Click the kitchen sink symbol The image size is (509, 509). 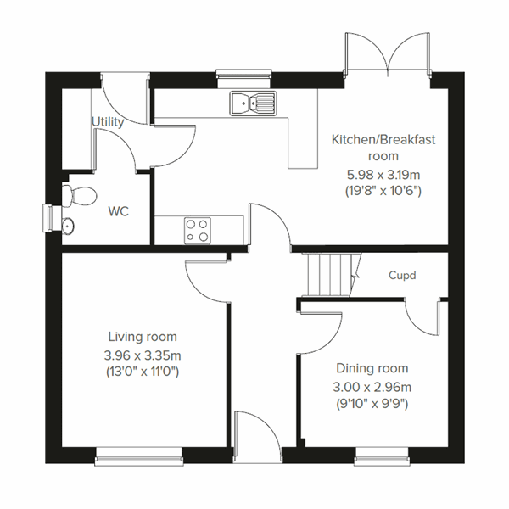click(x=252, y=103)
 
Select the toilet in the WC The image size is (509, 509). click(x=79, y=194)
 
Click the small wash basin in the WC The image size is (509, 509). click(x=68, y=226)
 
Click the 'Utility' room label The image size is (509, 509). click(x=108, y=122)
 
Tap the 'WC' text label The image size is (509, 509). click(x=117, y=211)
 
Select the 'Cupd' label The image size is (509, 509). click(x=403, y=275)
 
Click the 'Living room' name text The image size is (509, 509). click(x=142, y=337)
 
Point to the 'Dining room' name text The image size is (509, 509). click(x=372, y=368)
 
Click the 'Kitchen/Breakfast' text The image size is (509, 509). click(x=372, y=139)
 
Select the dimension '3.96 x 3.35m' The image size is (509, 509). click(x=142, y=355)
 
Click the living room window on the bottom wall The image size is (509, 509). click(x=140, y=461)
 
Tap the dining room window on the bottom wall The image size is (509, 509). click(x=382, y=461)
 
